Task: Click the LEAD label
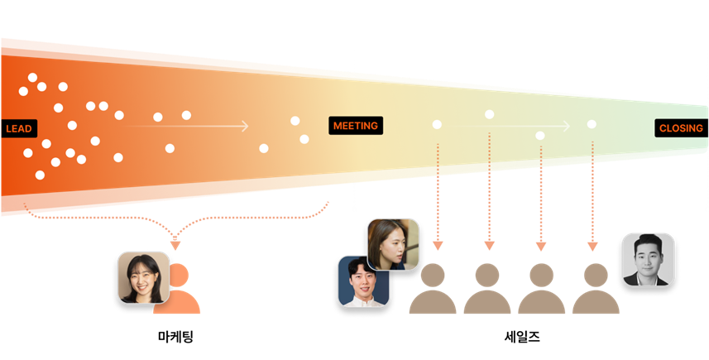18,129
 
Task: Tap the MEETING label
355,126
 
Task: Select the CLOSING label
681,128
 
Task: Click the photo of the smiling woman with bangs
143,277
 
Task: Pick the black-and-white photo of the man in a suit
648,260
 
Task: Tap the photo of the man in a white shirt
363,281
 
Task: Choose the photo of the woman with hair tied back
392,244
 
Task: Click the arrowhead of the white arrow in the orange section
245,127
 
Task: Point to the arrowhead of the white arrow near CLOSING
568,127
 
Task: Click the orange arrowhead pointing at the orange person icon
175,245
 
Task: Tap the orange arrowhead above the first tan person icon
438,246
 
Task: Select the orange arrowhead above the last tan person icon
592,246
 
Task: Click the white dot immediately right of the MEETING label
437,125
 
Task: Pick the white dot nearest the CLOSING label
592,124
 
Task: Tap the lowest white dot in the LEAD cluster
40,175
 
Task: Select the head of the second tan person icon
487,274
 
